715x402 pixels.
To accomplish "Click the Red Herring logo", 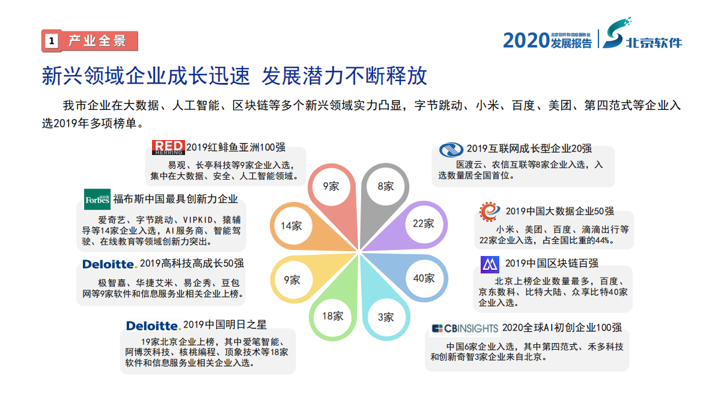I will tap(168, 147).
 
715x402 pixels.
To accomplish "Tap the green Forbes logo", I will tap(97, 199).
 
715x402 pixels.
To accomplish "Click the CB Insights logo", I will tap(465, 328).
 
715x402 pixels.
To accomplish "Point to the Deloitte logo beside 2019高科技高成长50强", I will tap(110, 264).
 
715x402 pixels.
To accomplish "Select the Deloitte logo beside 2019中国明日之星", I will tap(153, 326).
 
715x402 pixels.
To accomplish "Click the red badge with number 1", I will tap(52, 41).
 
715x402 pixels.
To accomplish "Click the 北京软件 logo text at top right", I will tap(654, 43).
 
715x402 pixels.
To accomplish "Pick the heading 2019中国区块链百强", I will tap(552, 263).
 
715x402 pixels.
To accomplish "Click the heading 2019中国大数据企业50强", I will tap(559, 211).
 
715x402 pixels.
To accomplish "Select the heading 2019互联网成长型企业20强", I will tap(529, 148).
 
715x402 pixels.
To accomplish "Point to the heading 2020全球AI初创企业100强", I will tap(561, 328).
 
